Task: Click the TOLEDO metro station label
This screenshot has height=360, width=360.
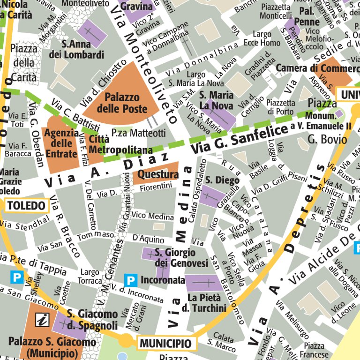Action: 27,205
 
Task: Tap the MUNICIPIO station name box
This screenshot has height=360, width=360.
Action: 166,344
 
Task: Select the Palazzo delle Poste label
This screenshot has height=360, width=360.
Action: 122,103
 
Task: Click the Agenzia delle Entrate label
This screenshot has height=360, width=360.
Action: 60,143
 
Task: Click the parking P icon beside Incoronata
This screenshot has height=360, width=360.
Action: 131,281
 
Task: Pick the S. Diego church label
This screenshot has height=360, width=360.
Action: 222,180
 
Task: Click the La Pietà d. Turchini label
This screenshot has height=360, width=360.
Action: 207,303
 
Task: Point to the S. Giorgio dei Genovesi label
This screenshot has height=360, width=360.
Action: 181,258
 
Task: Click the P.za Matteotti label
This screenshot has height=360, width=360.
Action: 138,133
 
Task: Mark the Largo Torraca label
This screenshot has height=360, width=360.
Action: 90,277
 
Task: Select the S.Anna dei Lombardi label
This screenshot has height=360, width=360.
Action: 83,50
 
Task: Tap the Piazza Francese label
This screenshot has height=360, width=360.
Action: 314,350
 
